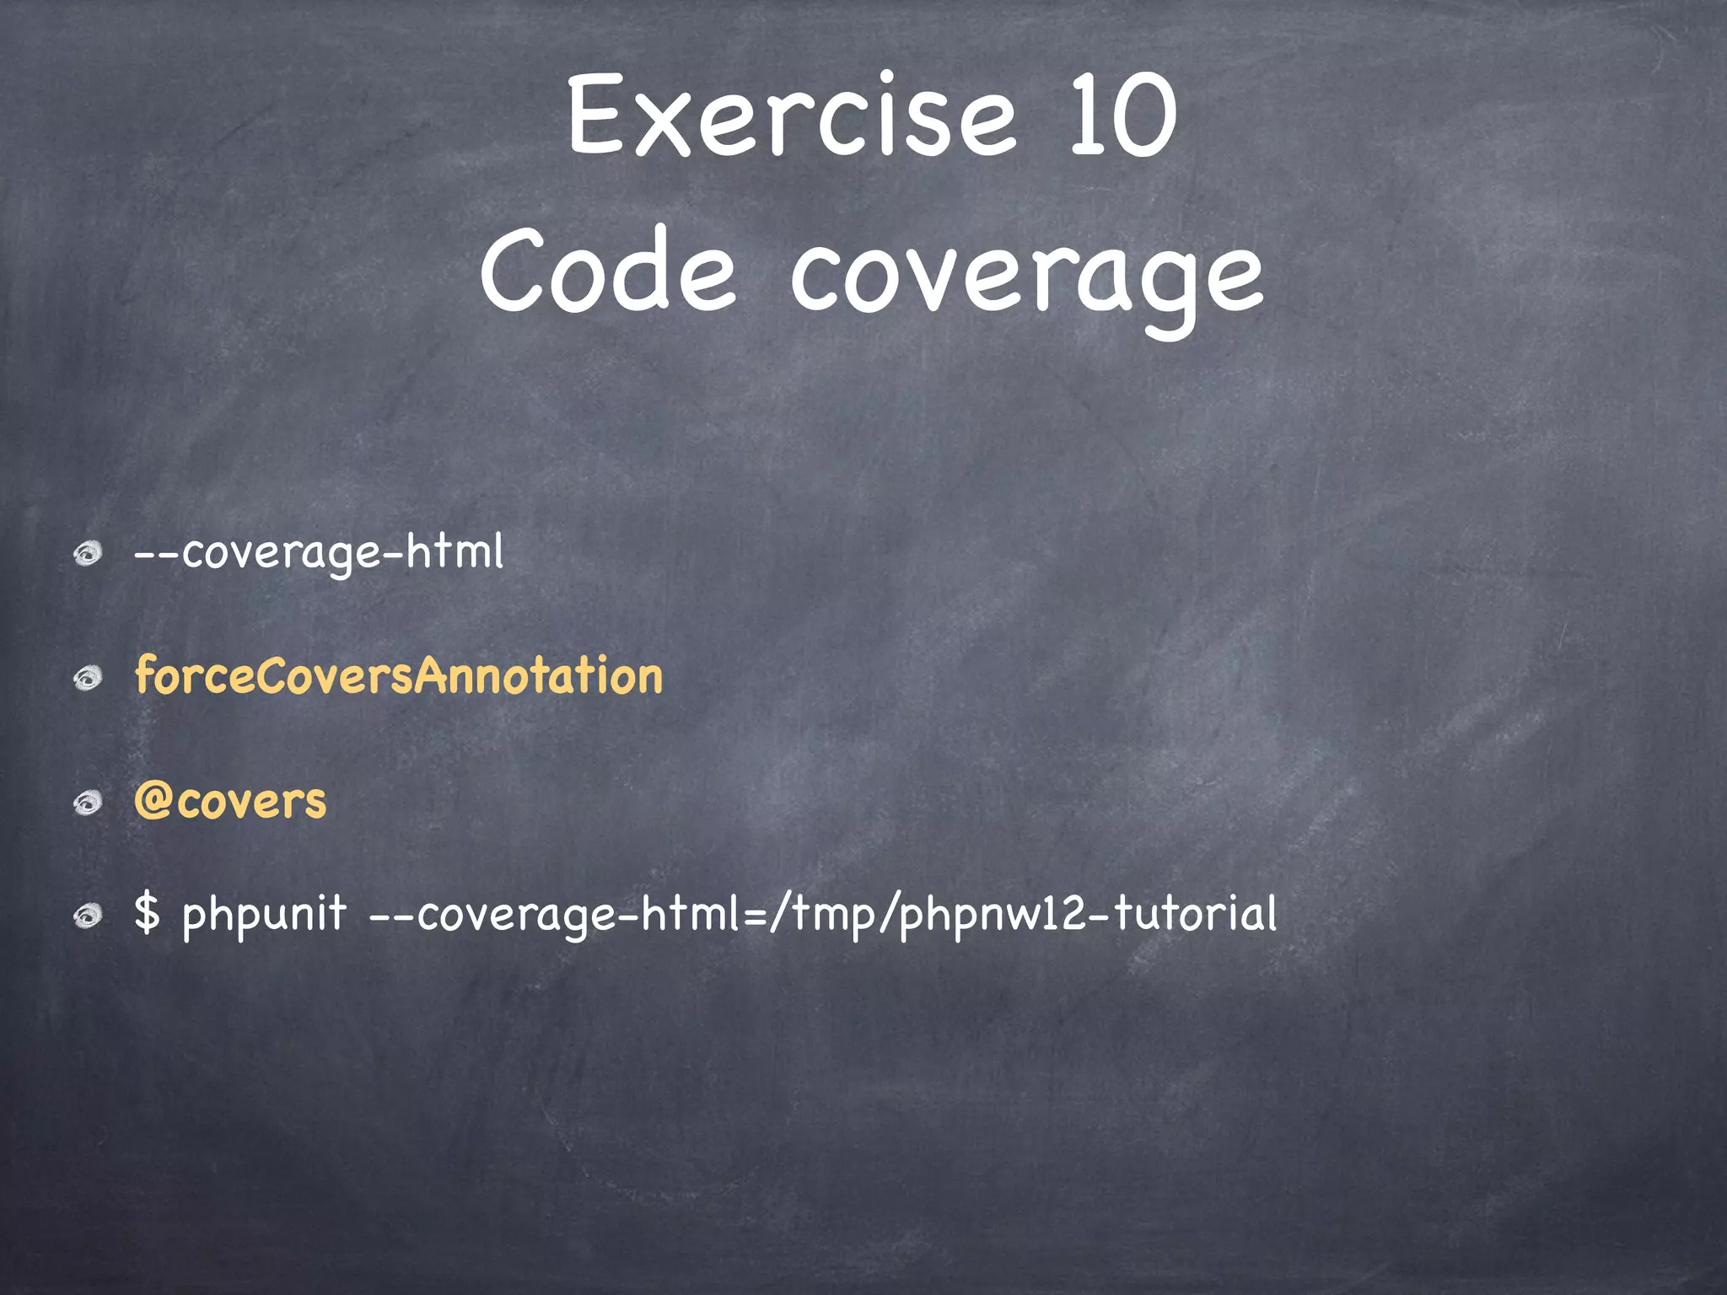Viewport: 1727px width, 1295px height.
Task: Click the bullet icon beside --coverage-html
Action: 87,554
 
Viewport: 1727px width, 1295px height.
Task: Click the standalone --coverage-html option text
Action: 319,552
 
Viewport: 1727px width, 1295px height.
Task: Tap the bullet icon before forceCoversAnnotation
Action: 87,678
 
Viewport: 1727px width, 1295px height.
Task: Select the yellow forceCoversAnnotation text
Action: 399,676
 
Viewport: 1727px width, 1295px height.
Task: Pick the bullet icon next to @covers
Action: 87,802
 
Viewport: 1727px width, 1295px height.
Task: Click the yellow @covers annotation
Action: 230,801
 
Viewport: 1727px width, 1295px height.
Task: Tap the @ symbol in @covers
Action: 153,801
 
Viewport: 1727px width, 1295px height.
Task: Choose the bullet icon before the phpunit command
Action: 87,915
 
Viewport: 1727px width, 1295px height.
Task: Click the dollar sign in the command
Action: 147,913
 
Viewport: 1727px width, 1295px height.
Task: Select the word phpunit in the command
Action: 264,915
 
